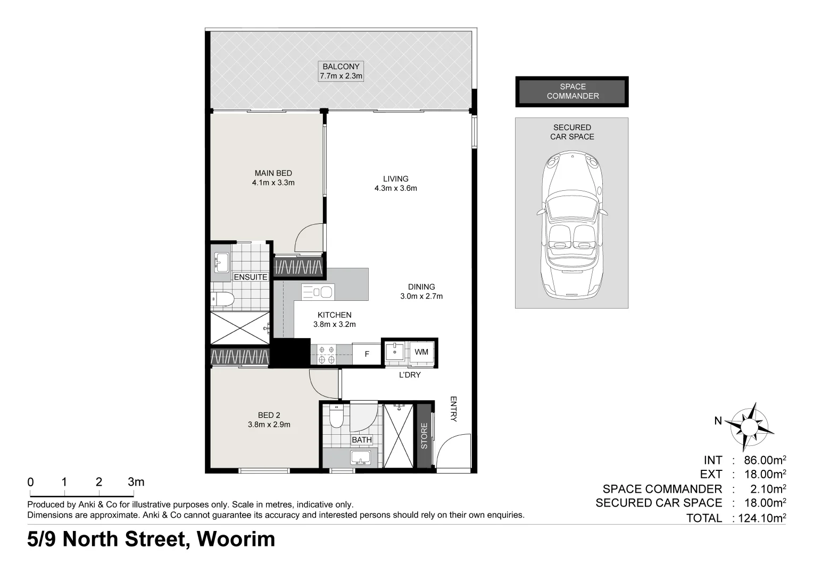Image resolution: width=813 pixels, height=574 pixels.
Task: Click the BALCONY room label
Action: point(341,71)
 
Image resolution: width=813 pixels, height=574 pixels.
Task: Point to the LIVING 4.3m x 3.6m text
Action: point(396,183)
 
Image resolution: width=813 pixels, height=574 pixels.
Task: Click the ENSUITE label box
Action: point(251,277)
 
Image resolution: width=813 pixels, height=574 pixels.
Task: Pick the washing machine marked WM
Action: point(421,352)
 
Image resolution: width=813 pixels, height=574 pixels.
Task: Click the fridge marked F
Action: point(367,353)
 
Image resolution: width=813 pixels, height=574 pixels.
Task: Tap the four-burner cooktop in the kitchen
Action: point(326,354)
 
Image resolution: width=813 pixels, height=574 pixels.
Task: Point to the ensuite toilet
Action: point(222,300)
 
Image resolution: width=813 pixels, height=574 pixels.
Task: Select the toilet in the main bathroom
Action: point(336,416)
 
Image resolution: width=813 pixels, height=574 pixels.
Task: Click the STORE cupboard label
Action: point(424,436)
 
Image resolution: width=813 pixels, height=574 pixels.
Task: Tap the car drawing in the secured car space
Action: point(573,225)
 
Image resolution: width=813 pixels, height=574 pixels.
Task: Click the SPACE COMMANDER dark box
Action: point(572,91)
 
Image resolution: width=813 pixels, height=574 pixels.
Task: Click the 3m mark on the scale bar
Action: point(136,482)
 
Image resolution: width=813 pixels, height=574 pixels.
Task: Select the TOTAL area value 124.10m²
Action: point(762,518)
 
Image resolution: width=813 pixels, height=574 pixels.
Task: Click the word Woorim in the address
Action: point(236,539)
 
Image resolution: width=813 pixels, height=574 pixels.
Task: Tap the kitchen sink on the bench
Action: point(318,292)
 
